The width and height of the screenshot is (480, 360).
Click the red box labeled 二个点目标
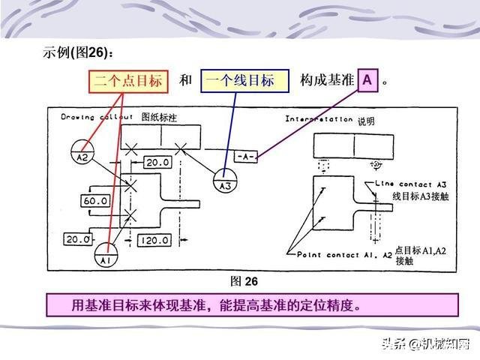tap(128, 80)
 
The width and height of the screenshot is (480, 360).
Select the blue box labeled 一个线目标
tap(244, 80)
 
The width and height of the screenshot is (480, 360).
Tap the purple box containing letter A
tap(367, 80)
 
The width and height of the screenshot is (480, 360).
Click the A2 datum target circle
tap(82, 157)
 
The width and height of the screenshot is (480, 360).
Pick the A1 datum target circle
tap(106, 258)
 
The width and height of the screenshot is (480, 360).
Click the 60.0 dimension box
tap(95, 202)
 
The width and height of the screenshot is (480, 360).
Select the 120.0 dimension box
tap(154, 240)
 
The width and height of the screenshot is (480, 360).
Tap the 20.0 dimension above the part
tap(157, 163)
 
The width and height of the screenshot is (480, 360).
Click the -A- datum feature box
tap(246, 156)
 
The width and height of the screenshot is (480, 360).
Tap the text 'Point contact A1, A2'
tap(344, 255)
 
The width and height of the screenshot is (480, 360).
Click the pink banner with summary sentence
tap(252, 305)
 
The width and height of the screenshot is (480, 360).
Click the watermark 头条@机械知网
tap(424, 344)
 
